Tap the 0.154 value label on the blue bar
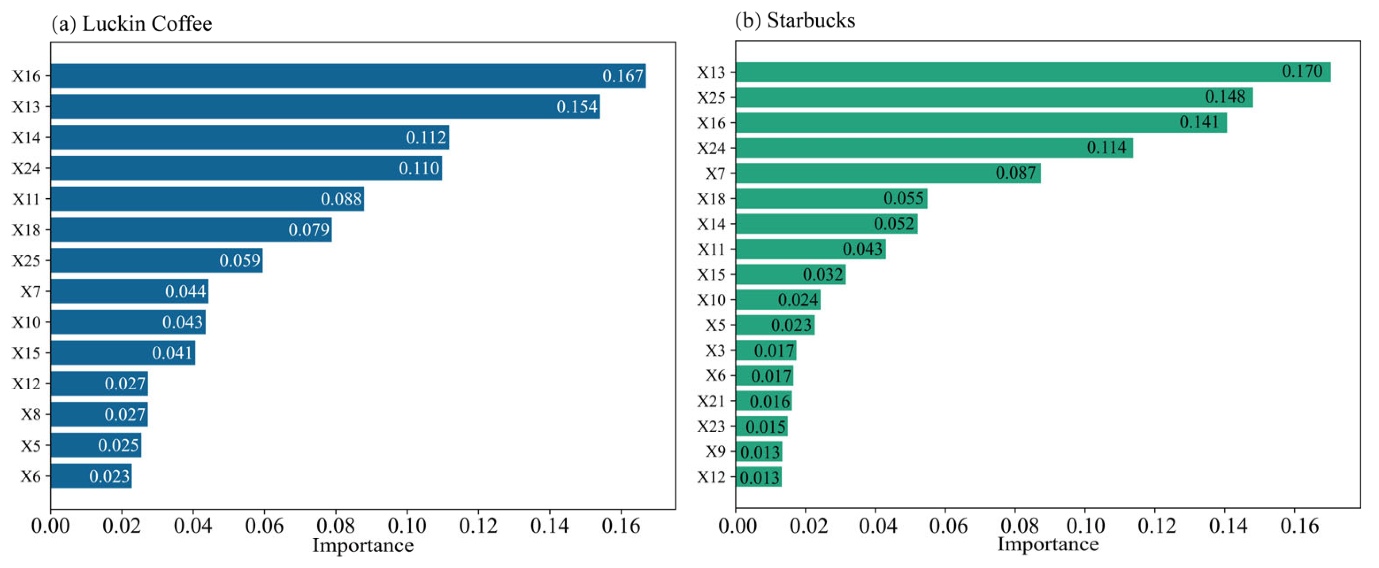[576, 107]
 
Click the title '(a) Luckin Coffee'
[132, 24]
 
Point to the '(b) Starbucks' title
[795, 20]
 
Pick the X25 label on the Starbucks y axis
[711, 97]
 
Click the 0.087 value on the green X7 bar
[1015, 173]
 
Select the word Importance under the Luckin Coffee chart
[363, 545]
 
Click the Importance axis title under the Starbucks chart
[1048, 544]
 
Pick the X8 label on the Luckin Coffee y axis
[31, 414]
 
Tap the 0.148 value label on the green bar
[1225, 97]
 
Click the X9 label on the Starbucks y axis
[715, 451]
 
